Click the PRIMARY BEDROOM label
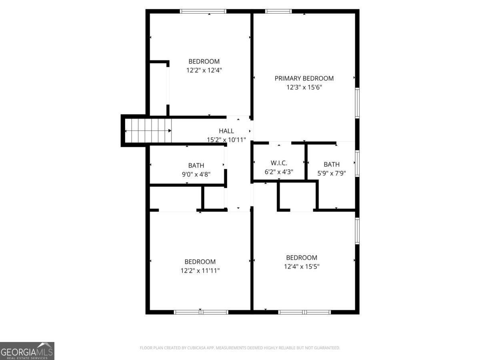pos(304,78)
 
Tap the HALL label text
pos(226,131)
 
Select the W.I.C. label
pos(279,163)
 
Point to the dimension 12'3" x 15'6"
pos(304,87)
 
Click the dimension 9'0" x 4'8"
pos(196,174)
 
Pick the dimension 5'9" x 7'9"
pos(332,173)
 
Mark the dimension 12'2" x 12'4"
pos(204,70)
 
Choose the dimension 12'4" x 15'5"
pos(302,266)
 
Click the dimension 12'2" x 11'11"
pos(200,270)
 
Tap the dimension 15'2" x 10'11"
pos(226,140)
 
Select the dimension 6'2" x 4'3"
pos(279,172)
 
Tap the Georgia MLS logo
pos(27,351)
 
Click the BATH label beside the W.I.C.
pos(332,164)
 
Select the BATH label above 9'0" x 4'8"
pos(196,165)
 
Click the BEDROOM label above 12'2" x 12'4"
pos(204,61)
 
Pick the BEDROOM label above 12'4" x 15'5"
pos(302,258)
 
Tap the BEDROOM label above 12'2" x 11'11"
pos(200,262)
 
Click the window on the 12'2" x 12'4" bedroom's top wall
pos(203,11)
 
